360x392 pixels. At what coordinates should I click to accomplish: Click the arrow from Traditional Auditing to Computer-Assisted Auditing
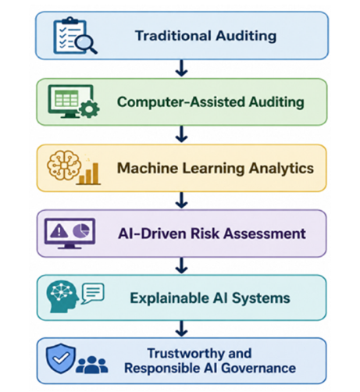pos(181,68)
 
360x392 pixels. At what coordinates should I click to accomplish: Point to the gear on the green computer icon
pos(89,109)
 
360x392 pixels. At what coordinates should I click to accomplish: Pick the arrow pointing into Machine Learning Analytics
pos(181,134)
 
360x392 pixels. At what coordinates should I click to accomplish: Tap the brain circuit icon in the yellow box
pos(64,165)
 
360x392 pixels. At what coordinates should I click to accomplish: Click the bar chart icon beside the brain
pos(88,173)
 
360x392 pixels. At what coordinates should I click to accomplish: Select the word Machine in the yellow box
pos(148,168)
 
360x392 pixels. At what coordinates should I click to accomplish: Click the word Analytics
pos(281,169)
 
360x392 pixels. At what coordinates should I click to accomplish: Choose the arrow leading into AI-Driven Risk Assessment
pos(181,200)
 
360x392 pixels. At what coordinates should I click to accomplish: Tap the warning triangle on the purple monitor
pos(59,230)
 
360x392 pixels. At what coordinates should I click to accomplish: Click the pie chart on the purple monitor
pos(81,230)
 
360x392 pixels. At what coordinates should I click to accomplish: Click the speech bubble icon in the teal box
pos(93,294)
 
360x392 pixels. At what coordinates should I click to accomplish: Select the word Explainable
pos(169,298)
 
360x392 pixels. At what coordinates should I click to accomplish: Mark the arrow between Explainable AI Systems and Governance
pos(181,329)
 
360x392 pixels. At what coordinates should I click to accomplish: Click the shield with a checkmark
pos(61,358)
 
